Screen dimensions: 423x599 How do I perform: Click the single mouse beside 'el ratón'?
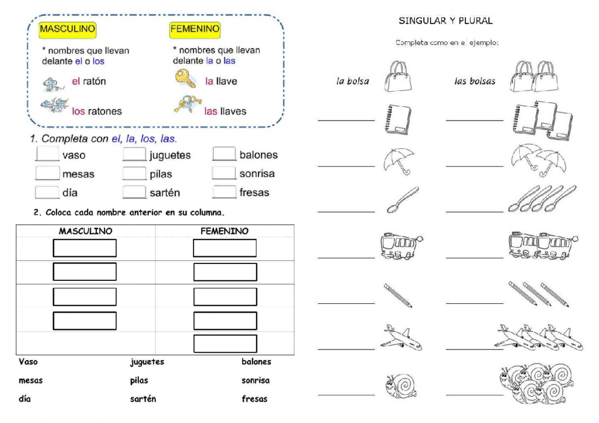pos(52,83)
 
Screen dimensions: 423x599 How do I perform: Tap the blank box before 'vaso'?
pos(47,154)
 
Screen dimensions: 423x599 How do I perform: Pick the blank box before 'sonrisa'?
pos(224,173)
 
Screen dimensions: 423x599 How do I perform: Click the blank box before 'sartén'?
pos(134,192)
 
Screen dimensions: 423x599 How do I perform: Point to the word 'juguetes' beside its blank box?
pos(170,155)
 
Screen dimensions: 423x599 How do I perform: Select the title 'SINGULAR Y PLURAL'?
pos(445,21)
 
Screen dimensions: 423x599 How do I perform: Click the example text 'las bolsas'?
pos(475,81)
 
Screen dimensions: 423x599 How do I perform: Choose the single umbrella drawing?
pos(398,160)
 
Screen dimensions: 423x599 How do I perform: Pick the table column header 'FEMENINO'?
pos(224,231)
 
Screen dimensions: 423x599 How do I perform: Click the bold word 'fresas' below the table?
pos(255,399)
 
